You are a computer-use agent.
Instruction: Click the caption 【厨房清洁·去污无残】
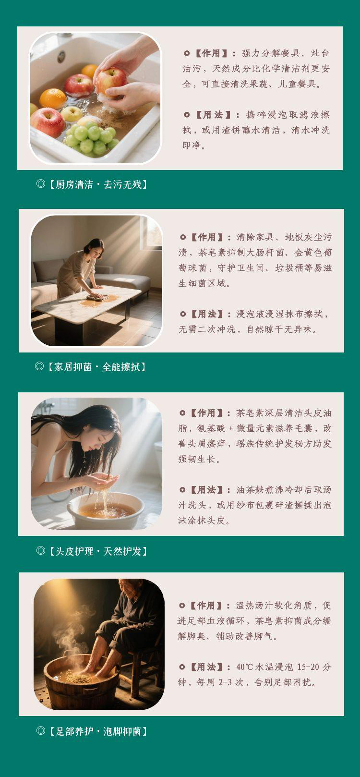96,184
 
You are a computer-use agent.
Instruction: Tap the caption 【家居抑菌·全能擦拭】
96,366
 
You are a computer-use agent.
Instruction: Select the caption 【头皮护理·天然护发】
96,551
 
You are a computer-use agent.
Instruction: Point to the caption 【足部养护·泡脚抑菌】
96,731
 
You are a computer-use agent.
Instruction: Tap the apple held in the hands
111,81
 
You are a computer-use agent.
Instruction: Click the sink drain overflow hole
61,56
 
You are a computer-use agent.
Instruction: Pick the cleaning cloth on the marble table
97,297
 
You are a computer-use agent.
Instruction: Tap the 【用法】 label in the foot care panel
205,667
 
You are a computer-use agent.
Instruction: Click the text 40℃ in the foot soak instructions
245,667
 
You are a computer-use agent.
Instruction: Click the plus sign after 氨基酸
231,428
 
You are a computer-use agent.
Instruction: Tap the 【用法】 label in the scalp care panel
205,490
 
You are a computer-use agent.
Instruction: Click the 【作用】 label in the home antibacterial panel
205,237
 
